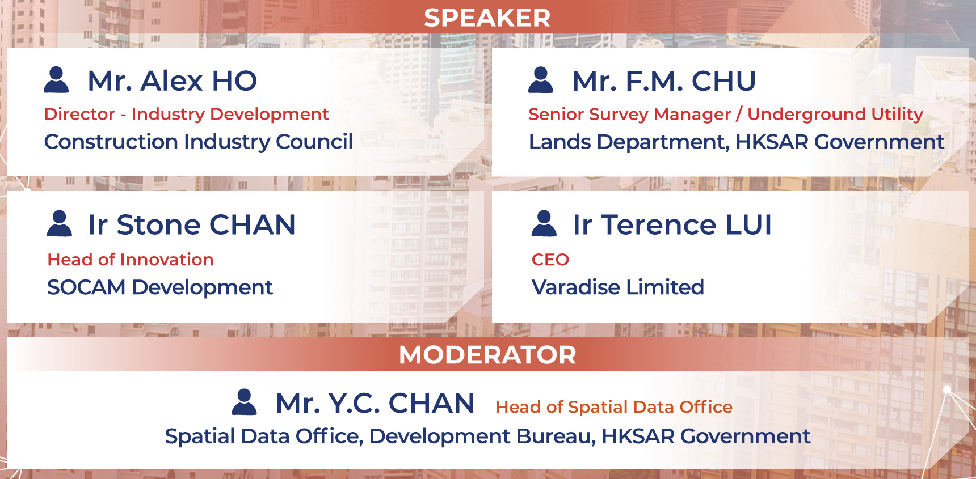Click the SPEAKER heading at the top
(x=487, y=18)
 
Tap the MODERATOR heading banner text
(x=487, y=355)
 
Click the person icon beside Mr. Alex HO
(x=56, y=80)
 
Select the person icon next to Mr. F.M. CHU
(x=541, y=80)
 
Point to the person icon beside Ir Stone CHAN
(x=60, y=223)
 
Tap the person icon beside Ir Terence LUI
(x=544, y=223)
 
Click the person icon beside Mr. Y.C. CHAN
(x=245, y=402)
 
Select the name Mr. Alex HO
(x=173, y=80)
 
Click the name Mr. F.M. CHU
(x=664, y=80)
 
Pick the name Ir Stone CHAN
(x=192, y=224)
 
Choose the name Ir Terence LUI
(x=672, y=224)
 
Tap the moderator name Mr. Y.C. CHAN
(x=375, y=403)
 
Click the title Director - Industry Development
(x=187, y=114)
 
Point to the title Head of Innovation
(x=131, y=260)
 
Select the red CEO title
(x=550, y=260)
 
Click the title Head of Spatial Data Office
(x=614, y=407)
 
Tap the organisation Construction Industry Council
(x=199, y=142)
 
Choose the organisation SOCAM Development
(x=160, y=287)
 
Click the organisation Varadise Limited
(x=618, y=287)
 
